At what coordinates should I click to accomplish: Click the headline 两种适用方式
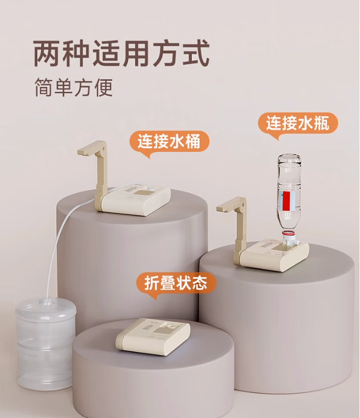(x=121, y=53)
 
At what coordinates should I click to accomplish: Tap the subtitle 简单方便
(x=74, y=87)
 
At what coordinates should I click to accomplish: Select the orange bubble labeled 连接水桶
(x=169, y=142)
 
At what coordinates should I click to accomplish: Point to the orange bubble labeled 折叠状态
(x=176, y=284)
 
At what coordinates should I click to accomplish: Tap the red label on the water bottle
(x=286, y=201)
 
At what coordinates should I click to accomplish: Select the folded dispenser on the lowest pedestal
(x=153, y=337)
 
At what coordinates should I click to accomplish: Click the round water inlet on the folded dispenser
(x=171, y=326)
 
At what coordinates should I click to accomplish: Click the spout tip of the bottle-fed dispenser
(x=220, y=209)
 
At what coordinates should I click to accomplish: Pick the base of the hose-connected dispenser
(x=133, y=200)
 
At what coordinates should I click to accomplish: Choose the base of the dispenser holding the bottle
(x=272, y=256)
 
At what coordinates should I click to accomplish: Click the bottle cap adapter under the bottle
(x=290, y=238)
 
